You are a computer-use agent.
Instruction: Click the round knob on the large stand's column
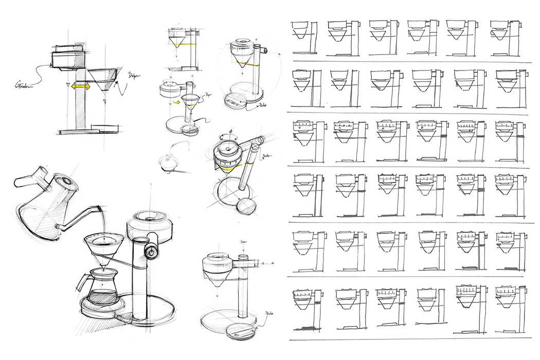tap(151, 250)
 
